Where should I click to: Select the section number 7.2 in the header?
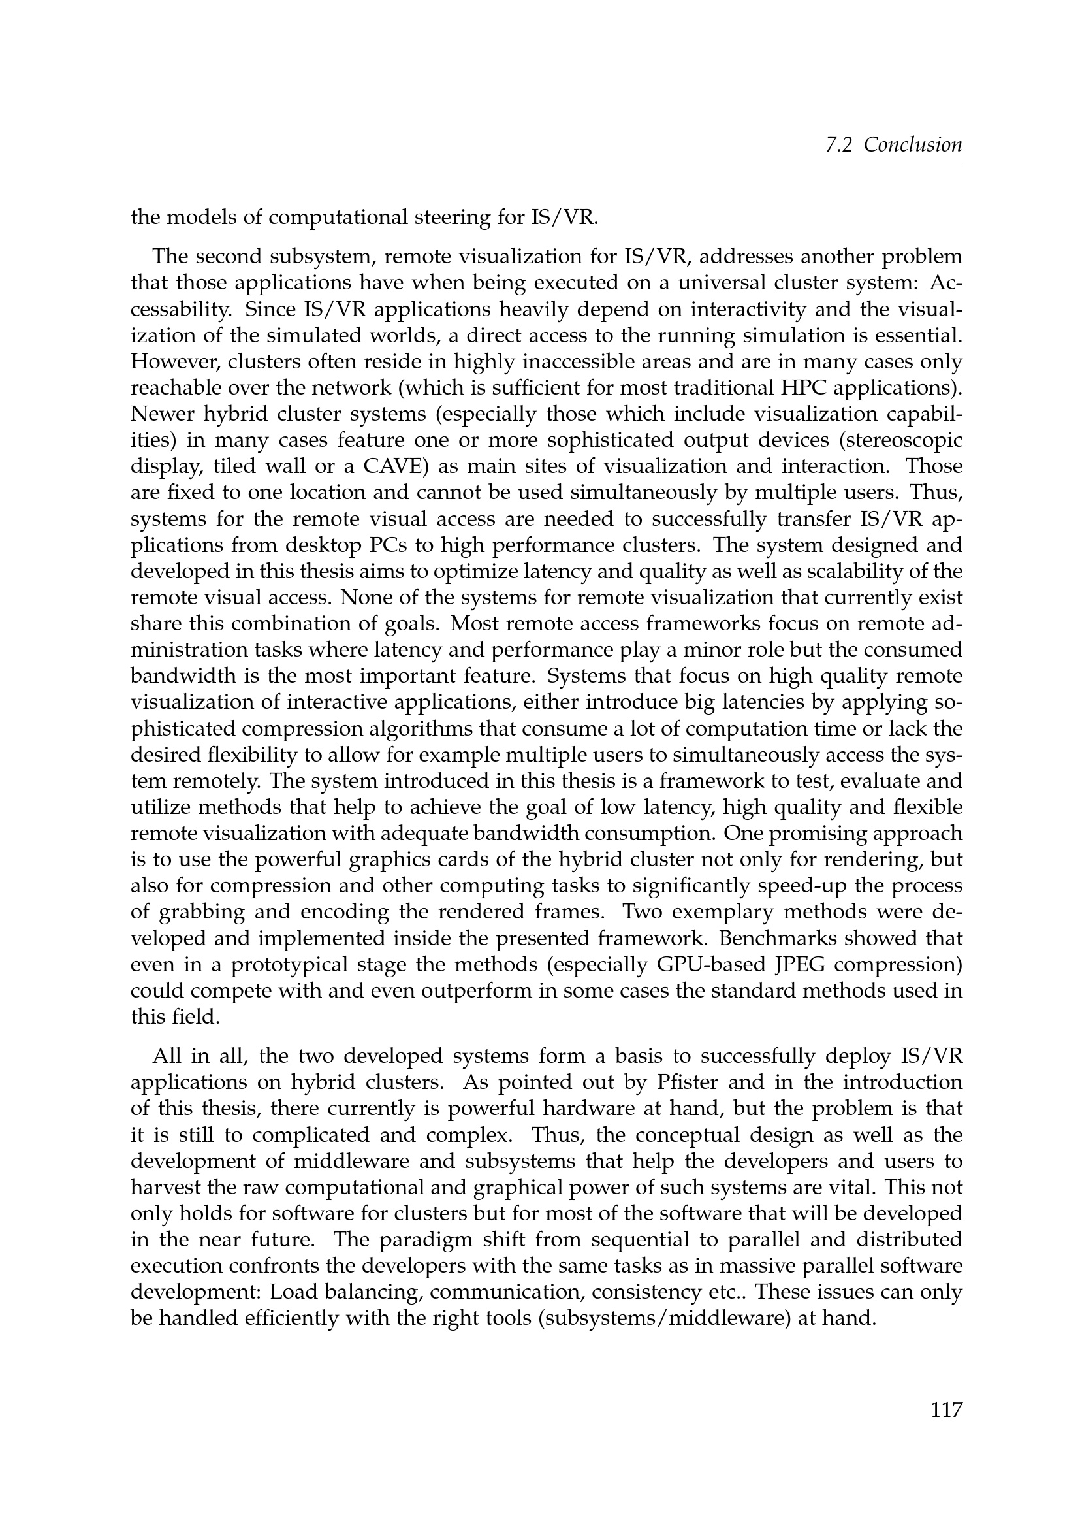[x=839, y=144]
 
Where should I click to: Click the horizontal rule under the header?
[x=546, y=163]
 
